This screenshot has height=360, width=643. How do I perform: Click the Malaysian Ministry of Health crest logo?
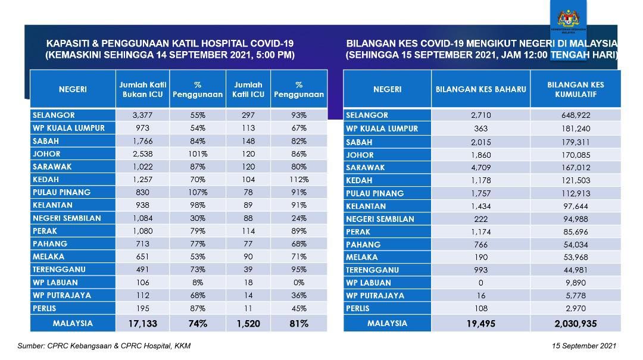point(572,18)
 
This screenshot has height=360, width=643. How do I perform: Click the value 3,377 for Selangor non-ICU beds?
point(143,115)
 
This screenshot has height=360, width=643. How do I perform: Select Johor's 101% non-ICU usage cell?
point(198,154)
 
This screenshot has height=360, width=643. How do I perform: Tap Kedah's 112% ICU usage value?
point(299,180)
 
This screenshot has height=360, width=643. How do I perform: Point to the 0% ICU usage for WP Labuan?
point(299,283)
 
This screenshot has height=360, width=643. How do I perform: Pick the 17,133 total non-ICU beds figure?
point(143,324)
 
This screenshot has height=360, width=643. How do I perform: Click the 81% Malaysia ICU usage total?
point(299,324)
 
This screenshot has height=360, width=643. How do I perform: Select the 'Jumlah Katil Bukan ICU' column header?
point(143,89)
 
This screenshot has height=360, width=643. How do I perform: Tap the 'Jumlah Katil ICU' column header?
point(248,89)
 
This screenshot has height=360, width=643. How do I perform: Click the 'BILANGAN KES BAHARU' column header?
point(481,89)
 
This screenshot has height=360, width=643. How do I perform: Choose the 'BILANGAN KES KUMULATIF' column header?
point(575,89)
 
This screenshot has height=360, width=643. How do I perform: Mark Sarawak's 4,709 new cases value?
point(481,167)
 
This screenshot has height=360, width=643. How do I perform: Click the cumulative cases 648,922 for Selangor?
point(575,115)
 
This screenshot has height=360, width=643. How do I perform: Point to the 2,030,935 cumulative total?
point(575,323)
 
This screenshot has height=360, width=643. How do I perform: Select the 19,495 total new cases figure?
point(481,323)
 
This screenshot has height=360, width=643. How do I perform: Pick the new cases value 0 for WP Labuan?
point(481,283)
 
